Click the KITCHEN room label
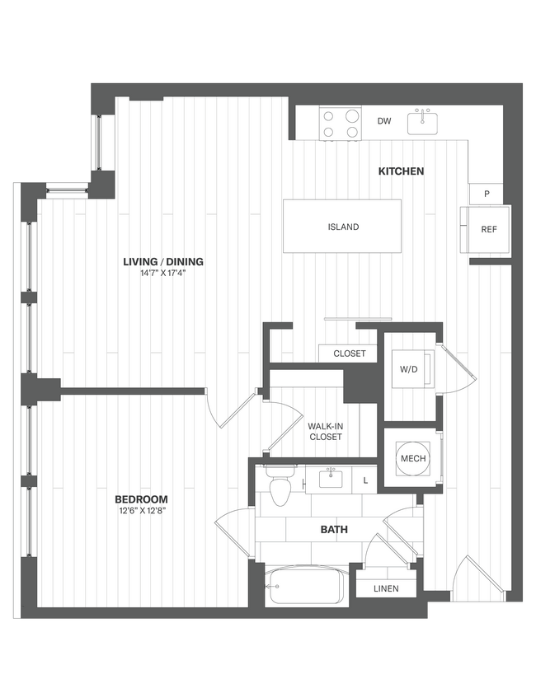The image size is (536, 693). [401, 171]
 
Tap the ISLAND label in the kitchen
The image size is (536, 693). [343, 227]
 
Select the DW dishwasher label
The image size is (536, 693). [384, 122]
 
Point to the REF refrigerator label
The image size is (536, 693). [489, 230]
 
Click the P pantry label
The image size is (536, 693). [487, 194]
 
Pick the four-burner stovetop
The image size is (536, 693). [341, 124]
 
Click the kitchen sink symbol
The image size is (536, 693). [426, 122]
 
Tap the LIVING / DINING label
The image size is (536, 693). [162, 262]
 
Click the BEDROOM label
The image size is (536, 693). [141, 499]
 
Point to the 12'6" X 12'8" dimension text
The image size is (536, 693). [141, 510]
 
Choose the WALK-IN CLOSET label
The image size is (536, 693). [325, 431]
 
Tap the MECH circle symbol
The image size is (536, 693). [412, 458]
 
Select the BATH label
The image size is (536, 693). [334, 530]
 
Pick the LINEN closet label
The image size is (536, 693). [386, 588]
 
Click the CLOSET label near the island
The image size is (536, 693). [349, 354]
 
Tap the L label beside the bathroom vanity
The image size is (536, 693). [364, 479]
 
